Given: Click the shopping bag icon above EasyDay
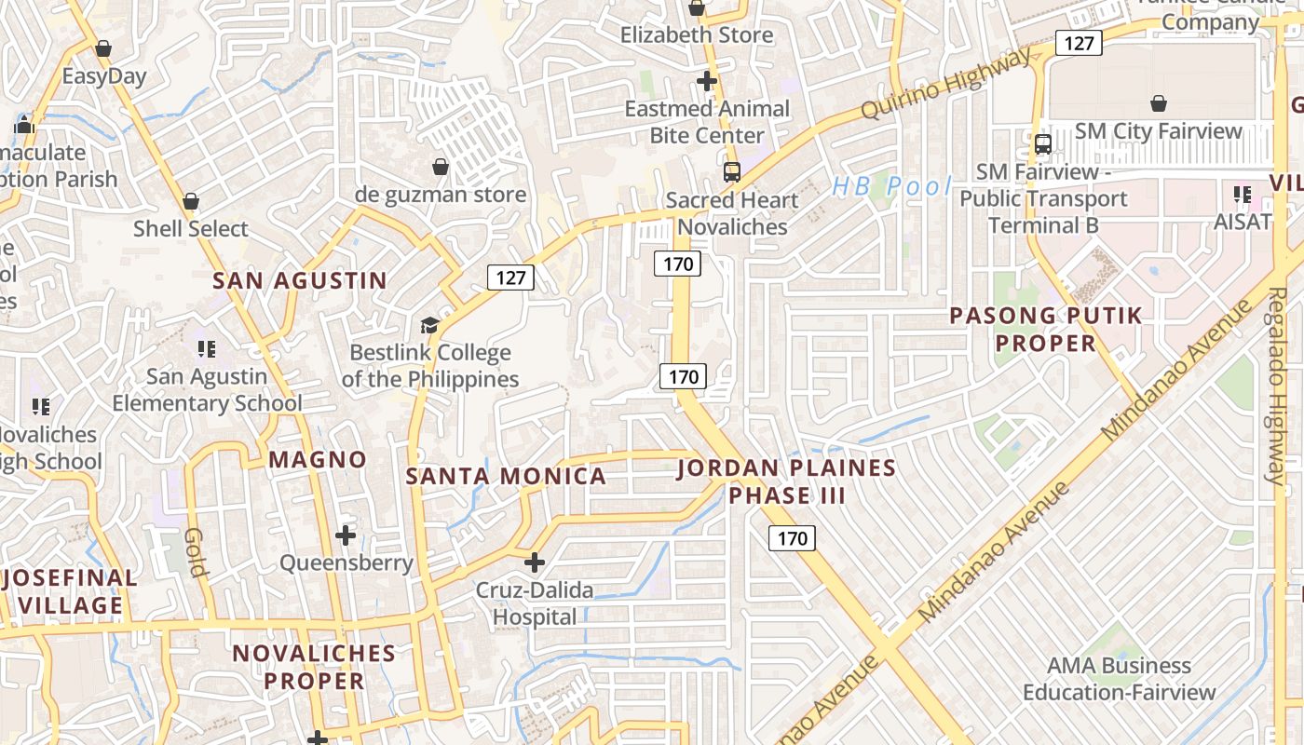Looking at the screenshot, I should (x=103, y=47).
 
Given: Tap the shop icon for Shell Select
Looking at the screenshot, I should (x=191, y=201).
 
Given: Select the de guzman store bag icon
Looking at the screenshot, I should (x=441, y=167).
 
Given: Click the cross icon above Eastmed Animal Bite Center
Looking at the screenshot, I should (x=707, y=81).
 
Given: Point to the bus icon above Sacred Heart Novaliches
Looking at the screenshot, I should (x=732, y=172).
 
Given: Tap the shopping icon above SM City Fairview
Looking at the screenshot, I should (x=1159, y=102).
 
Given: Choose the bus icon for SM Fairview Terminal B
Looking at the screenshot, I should (x=1043, y=144).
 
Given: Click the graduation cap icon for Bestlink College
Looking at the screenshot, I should (x=429, y=325).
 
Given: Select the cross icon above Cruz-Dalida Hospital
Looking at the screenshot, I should (x=535, y=562).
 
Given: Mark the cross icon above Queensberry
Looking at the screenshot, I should (x=346, y=535).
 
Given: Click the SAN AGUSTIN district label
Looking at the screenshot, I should (x=300, y=280).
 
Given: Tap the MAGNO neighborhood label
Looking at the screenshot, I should (x=318, y=459).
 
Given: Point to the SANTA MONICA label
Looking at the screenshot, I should (x=506, y=477).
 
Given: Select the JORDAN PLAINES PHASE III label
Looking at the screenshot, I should (x=786, y=481).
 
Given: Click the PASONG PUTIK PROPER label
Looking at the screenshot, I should (x=1045, y=330).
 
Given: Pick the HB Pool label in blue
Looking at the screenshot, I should (x=891, y=186).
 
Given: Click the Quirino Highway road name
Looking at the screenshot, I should (x=946, y=84).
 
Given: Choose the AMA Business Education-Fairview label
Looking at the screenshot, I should (x=1119, y=679).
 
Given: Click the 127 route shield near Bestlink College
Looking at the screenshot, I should (x=510, y=277).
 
